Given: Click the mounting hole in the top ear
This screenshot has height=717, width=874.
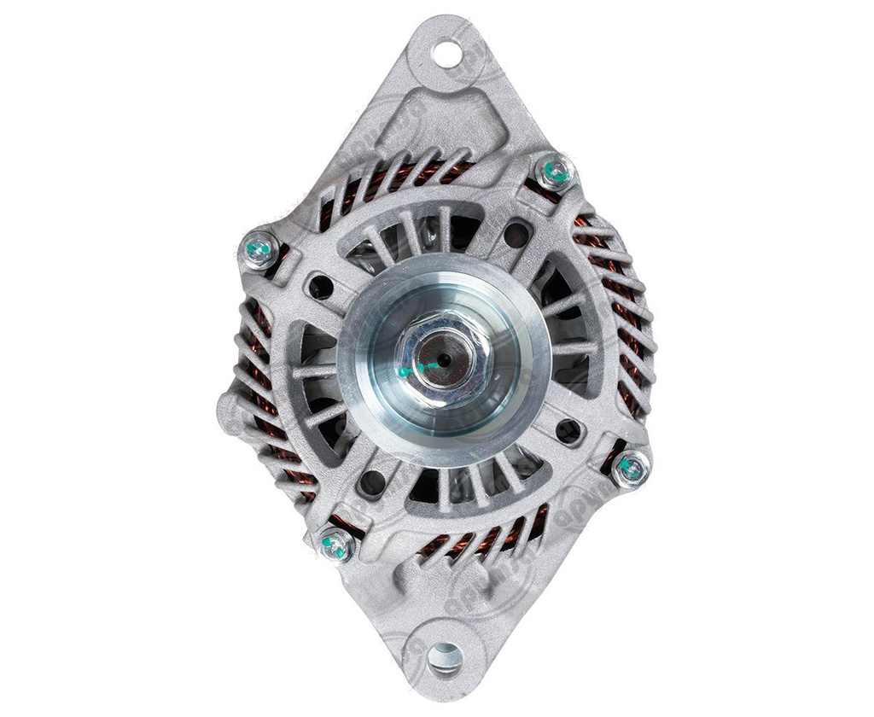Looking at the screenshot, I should pos(446,54).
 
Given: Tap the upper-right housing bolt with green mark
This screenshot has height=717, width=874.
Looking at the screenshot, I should pos(556,173).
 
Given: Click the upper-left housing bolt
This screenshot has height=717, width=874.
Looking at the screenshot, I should pos(259,250).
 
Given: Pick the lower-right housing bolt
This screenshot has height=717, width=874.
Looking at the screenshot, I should pos(631,468).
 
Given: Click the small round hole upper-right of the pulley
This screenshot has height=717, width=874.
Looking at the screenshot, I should pos(516,234).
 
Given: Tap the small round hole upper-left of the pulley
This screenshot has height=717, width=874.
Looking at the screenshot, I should pos(321,287).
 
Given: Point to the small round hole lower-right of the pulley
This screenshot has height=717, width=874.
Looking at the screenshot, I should pos(568,430).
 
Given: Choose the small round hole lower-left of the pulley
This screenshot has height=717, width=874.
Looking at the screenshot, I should pos(371,483).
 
